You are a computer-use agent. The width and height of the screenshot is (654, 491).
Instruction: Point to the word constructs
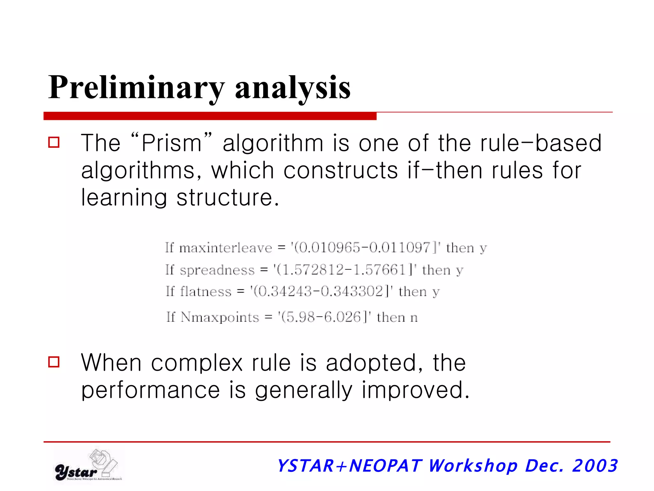coord(341,170)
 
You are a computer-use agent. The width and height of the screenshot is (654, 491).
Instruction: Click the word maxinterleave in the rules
coord(225,248)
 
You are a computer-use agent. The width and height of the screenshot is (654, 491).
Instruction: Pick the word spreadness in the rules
coord(217,270)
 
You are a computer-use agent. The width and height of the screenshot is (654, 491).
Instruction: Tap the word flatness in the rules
coord(206,292)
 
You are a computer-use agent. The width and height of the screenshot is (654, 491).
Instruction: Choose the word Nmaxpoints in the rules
coord(220,317)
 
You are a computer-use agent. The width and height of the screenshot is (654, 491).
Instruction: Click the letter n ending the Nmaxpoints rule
coord(414,318)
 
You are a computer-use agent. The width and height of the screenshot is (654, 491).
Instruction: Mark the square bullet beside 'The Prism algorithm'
coord(54,142)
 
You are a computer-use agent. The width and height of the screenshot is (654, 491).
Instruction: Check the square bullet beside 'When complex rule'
coord(54,362)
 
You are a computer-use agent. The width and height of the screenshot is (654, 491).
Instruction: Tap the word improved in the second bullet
coord(415,390)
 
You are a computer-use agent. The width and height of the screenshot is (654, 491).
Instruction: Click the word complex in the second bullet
coord(197,363)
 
